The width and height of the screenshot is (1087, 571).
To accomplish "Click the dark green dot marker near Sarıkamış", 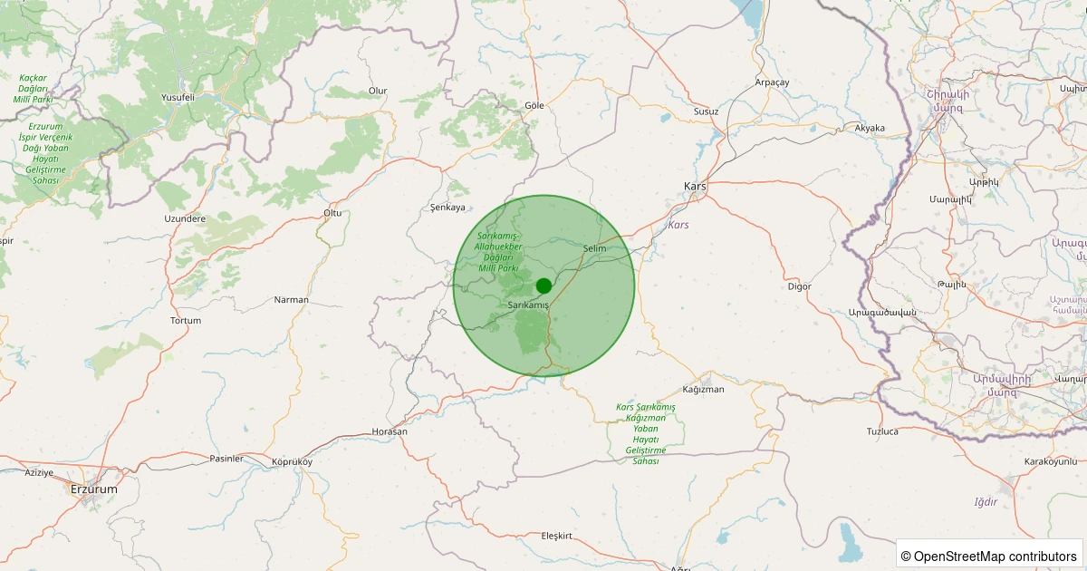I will (x=543, y=285).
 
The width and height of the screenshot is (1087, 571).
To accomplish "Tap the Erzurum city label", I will (x=94, y=489).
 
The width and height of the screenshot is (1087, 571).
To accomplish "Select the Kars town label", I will (x=695, y=186).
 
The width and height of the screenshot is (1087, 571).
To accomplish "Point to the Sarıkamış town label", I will (x=529, y=305).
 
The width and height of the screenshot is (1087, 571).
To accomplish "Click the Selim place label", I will (x=595, y=248).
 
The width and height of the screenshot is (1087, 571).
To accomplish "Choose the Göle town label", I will (x=534, y=105).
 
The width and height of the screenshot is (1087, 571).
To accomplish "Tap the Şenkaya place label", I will (x=447, y=208).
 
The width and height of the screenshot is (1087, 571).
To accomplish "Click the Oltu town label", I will (x=332, y=213).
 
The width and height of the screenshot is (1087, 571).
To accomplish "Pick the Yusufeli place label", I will (x=178, y=97).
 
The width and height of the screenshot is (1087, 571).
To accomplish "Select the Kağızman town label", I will (x=703, y=390).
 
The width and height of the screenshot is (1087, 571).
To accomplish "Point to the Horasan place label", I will (x=390, y=431).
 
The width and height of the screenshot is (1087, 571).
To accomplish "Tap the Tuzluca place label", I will (x=882, y=431).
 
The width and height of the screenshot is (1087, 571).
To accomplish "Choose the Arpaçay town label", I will (x=773, y=82).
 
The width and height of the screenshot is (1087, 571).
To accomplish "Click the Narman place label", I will (x=292, y=300).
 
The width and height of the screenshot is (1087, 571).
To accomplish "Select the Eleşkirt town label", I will (x=556, y=537).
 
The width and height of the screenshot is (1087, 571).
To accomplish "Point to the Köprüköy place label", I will (x=292, y=462).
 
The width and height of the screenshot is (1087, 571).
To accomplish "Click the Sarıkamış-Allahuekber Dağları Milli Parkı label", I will (x=498, y=252).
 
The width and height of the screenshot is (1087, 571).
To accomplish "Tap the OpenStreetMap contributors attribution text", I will (x=995, y=556).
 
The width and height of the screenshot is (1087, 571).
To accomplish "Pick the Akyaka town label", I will (x=870, y=128).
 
